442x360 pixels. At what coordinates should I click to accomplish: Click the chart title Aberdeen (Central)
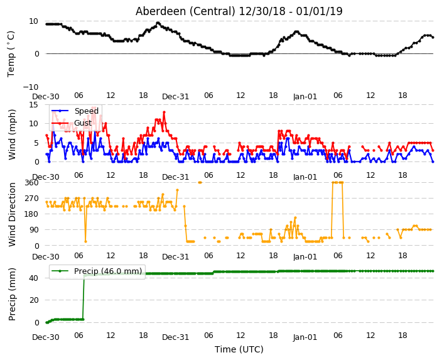185,11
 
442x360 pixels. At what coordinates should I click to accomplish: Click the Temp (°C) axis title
11,54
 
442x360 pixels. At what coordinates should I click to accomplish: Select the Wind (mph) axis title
12,134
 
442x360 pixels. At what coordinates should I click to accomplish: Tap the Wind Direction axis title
12,214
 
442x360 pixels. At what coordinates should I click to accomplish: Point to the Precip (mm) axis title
12,294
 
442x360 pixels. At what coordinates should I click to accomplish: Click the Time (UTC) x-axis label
239,349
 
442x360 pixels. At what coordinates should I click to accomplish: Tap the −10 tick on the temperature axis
30,87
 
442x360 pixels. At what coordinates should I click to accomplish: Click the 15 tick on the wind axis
33,105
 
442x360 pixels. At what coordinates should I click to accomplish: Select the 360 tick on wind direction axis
31,183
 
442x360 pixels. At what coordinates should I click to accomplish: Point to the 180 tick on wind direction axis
31,214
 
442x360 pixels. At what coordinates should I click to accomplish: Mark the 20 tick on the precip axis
34,300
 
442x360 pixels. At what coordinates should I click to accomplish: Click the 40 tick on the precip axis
34,278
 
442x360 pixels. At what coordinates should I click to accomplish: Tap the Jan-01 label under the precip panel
305,337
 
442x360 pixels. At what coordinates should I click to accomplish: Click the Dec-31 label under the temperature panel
175,97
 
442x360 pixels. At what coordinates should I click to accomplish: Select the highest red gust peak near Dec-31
164,112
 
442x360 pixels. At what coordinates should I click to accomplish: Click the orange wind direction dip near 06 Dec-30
85,241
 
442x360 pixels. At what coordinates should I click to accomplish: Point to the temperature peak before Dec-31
158,23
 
